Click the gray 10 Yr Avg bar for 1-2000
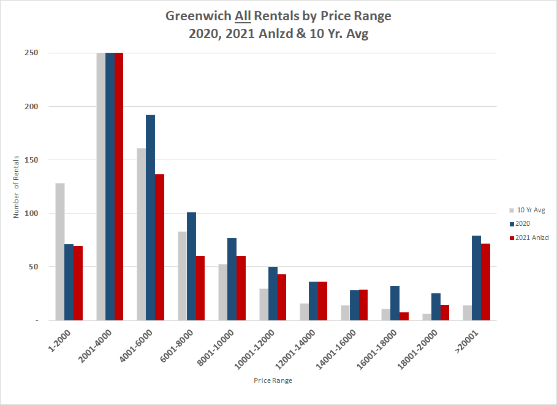pos(60,252)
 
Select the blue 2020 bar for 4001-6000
pos(151,218)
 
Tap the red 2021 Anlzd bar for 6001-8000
pos(200,288)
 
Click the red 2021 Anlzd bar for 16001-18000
pos(403,316)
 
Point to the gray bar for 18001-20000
pos(427,317)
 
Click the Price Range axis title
pos(273,381)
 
